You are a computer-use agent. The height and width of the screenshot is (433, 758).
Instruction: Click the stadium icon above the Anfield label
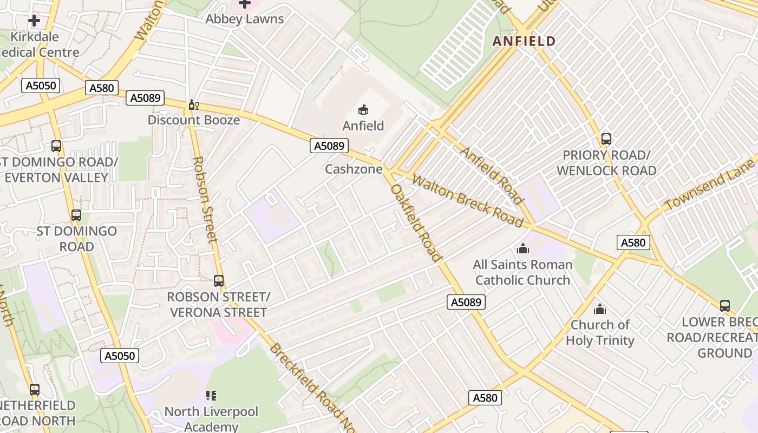coord(363,110)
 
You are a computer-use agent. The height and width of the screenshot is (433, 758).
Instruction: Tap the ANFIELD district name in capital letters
coord(524,41)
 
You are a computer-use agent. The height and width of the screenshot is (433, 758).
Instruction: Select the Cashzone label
coord(354,169)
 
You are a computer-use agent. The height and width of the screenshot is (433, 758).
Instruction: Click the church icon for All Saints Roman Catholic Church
coord(522,249)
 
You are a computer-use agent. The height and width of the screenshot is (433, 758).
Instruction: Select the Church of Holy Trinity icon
coord(599,310)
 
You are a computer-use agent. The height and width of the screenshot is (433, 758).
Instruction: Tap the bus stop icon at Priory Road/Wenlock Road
coord(606,139)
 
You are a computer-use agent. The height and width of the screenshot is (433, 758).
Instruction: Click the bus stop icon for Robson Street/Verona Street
coord(219,281)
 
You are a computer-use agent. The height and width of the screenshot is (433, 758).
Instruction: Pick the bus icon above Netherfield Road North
coord(35,389)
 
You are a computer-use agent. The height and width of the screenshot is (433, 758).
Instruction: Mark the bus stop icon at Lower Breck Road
coord(724,306)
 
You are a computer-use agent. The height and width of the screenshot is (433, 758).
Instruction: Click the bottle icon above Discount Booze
coord(193,104)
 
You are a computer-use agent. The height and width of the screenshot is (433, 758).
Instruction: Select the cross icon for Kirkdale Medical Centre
coord(34,21)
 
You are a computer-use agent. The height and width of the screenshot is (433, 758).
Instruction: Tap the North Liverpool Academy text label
coord(211,418)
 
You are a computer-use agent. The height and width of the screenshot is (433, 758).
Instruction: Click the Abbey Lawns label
coord(245,19)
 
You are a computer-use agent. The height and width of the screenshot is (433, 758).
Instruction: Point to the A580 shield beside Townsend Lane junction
coord(633,242)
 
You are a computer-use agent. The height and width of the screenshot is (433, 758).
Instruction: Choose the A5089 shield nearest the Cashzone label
coord(329,146)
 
